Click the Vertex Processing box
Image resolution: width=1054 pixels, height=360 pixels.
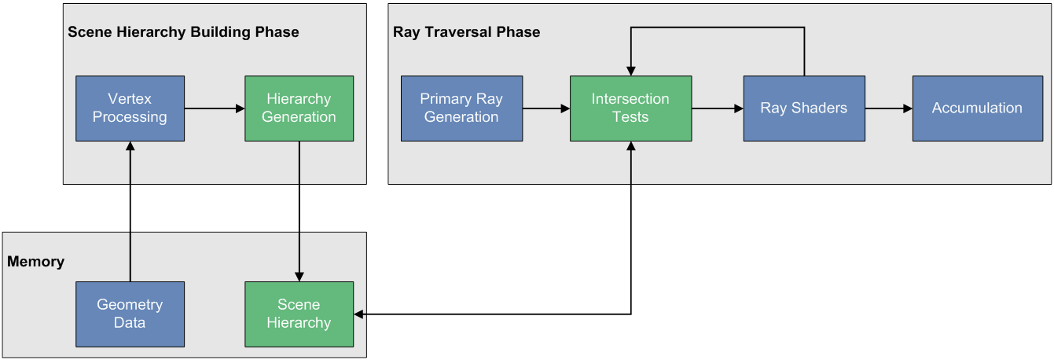[x=130, y=108]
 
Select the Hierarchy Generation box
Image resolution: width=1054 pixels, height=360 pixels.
[x=299, y=108]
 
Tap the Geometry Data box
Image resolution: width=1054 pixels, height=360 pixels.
[x=130, y=314]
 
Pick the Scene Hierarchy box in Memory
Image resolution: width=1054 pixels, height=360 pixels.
[x=299, y=314]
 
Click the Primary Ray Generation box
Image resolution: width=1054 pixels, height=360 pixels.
[x=461, y=108]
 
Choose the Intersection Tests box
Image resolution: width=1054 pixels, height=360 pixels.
[x=630, y=108]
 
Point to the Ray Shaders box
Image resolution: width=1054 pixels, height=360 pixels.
[x=803, y=108]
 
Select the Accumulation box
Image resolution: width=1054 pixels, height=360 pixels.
[x=976, y=108]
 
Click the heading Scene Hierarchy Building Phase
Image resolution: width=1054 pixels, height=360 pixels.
[x=183, y=32]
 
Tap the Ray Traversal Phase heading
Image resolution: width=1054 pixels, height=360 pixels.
[x=466, y=32]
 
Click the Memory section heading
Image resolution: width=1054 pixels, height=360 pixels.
[x=35, y=261]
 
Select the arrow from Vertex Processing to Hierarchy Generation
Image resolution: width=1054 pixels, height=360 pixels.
[x=215, y=108]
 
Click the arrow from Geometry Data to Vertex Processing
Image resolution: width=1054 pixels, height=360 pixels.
[x=130, y=212]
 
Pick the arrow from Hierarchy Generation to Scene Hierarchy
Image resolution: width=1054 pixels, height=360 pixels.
[x=299, y=211]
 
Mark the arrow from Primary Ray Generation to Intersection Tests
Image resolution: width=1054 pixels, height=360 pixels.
[x=546, y=108]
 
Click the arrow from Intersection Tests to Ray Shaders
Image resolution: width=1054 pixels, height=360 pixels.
[x=718, y=108]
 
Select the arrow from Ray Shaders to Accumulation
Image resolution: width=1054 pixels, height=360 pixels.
[x=888, y=108]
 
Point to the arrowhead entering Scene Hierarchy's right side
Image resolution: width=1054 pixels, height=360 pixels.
[x=359, y=314]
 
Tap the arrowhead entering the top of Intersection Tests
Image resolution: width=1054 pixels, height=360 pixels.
[x=630, y=71]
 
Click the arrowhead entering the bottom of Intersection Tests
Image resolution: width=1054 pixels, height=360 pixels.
[x=630, y=147]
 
